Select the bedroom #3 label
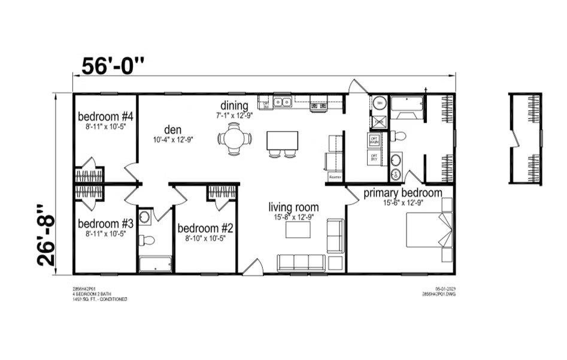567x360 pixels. click(x=105, y=224)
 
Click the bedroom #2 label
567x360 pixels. click(x=205, y=228)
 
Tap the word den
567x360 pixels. click(x=172, y=129)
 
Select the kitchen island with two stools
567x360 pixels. click(x=282, y=141)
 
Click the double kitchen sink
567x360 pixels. click(x=282, y=102)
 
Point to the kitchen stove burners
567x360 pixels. click(x=318, y=105)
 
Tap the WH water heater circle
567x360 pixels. click(x=379, y=104)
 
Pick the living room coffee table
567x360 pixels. click(x=298, y=230)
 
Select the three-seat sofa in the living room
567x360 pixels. click(x=301, y=262)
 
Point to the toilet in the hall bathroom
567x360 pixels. click(x=146, y=241)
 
